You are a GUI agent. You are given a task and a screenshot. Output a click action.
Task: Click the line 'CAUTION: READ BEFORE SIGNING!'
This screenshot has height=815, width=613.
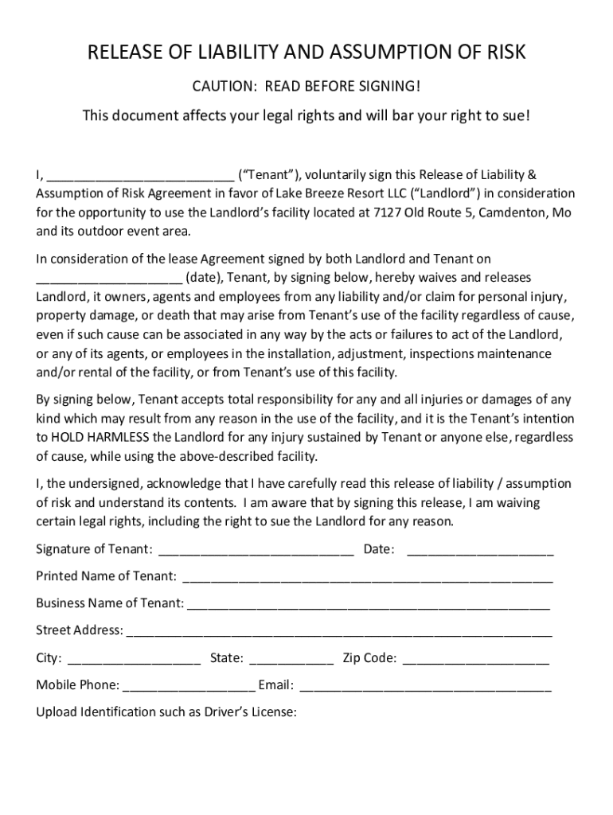[x=306, y=86]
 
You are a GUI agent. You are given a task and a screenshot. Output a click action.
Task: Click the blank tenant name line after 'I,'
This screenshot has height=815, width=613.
[x=140, y=176]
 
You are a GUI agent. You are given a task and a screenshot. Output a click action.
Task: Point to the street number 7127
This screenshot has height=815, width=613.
[x=385, y=213]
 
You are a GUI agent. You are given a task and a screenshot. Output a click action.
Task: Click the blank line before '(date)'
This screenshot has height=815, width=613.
[x=109, y=279]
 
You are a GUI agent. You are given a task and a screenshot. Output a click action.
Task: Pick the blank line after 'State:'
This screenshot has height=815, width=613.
[x=291, y=660]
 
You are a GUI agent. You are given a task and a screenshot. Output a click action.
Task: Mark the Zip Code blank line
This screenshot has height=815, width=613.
[x=476, y=660]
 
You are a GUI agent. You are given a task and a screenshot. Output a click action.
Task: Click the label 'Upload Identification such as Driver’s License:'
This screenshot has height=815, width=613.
[x=166, y=712]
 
